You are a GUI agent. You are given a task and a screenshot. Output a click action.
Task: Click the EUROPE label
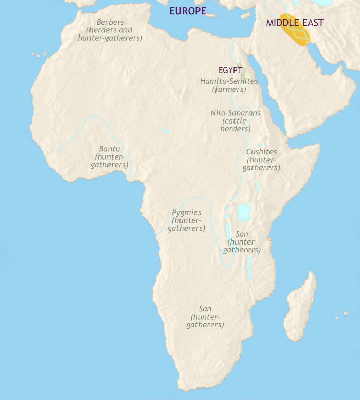pyautogui.click(x=188, y=11)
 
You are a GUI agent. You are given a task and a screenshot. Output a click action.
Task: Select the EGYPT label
pyautogui.click(x=230, y=70)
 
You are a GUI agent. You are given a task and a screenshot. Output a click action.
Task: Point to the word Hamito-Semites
pyautogui.click(x=229, y=81)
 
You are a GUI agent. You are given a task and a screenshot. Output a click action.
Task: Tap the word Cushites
pyautogui.click(x=261, y=152)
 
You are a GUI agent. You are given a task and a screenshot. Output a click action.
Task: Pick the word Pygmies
pyautogui.click(x=186, y=212)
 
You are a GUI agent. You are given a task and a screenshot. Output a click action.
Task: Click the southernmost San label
pyautogui.click(x=205, y=309)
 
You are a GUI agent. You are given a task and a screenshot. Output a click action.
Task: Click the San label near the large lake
pyautogui.click(x=242, y=234)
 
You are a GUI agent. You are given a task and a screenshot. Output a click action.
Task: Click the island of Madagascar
pyautogui.click(x=301, y=309)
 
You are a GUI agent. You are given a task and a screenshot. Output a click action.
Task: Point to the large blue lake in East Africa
pyautogui.click(x=242, y=212)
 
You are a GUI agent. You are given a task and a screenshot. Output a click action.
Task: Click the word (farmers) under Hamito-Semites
pyautogui.click(x=229, y=90)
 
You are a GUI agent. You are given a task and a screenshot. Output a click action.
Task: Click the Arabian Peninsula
pyautogui.click(x=303, y=93)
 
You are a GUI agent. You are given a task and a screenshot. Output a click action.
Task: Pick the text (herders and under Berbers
pyautogui.click(x=111, y=30)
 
